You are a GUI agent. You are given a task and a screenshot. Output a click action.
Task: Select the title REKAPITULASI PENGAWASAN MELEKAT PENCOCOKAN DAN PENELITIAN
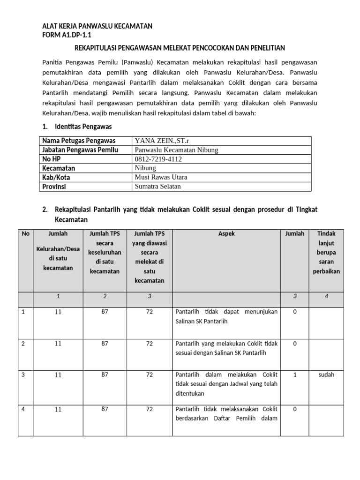pyautogui.click(x=180, y=48)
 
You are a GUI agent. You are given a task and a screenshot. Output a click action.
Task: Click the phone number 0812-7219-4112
pyautogui.click(x=158, y=159)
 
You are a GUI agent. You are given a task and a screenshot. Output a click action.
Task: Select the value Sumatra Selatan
pyautogui.click(x=157, y=187)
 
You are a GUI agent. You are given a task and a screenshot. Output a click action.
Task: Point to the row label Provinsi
pyautogui.click(x=54, y=187)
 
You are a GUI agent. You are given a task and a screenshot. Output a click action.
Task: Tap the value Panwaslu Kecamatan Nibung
pyautogui.click(x=176, y=150)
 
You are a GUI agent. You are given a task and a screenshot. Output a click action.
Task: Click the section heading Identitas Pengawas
pyautogui.click(x=83, y=127)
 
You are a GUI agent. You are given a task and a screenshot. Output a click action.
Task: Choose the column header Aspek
pyautogui.click(x=226, y=233)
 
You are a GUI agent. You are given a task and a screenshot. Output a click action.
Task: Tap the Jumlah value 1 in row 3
pyautogui.click(x=294, y=375)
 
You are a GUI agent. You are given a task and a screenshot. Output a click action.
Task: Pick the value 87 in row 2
pyautogui.click(x=105, y=344)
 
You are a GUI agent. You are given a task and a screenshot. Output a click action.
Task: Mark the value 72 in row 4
pyautogui.click(x=150, y=409)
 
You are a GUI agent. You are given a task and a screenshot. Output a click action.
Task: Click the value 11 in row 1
pyautogui.click(x=58, y=312)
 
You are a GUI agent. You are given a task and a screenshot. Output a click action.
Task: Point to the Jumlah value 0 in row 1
pyautogui.click(x=294, y=312)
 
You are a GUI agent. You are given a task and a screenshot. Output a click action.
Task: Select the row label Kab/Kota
pyautogui.click(x=56, y=178)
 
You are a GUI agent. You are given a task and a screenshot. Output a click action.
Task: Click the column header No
pyautogui.click(x=25, y=233)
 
